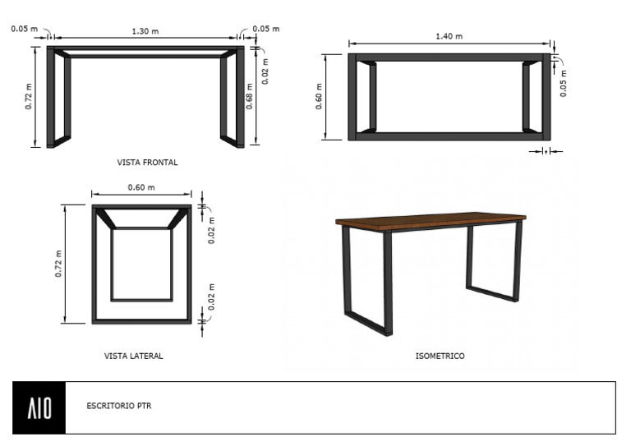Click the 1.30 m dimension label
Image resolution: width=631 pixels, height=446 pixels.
coord(145,30)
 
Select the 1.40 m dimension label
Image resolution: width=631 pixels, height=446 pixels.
coord(449,36)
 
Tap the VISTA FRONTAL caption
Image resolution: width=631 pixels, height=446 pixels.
coord(148,163)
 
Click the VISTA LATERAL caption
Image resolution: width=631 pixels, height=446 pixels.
coord(134,356)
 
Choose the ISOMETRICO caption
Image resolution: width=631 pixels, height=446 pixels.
coord(440,356)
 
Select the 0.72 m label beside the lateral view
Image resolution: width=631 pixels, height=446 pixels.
coord(58,263)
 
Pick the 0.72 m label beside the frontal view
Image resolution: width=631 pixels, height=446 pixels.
coord(29,96)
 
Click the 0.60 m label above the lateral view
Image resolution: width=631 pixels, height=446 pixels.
coord(141,187)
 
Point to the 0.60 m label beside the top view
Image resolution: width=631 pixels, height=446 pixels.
coord(319,96)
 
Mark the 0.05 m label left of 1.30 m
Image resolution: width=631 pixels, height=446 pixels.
coord(25,29)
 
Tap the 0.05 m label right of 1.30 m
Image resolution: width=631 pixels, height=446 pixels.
coord(265,29)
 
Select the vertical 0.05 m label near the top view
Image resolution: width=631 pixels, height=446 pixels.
coord(564,83)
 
